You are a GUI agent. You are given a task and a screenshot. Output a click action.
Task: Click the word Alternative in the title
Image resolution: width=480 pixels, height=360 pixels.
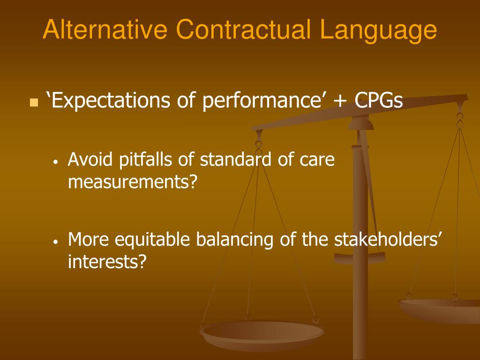[x=105, y=30]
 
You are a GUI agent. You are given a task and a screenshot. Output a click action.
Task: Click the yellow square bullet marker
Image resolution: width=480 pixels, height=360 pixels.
[x=33, y=102]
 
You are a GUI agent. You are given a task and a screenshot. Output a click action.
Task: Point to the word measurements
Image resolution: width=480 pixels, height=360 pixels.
[x=131, y=182]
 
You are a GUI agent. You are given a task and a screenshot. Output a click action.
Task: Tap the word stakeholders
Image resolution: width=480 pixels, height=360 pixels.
[x=385, y=240]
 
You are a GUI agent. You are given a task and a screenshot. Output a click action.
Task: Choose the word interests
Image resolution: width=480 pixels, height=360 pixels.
[x=107, y=262]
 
